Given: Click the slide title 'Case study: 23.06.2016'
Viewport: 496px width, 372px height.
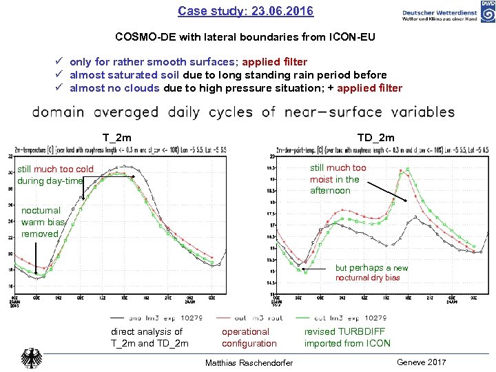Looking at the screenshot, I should [x=245, y=11].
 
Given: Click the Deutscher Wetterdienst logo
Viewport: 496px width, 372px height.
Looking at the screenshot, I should [x=448, y=14].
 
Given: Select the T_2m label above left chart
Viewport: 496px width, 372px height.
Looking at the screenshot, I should [x=117, y=138].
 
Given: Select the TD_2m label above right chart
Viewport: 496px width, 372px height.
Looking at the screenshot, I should [x=376, y=138].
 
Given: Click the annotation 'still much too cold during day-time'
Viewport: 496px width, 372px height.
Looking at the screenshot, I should [x=55, y=175].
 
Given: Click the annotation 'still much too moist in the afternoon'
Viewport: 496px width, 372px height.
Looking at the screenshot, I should [x=338, y=179].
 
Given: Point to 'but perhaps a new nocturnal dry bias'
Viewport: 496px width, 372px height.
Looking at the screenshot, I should [x=371, y=273].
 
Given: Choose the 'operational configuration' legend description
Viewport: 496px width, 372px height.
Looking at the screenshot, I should [x=249, y=338].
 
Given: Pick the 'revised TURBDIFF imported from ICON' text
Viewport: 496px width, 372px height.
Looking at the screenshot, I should [x=347, y=338].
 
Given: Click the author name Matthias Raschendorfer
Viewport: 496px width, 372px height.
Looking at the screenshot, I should [x=249, y=363].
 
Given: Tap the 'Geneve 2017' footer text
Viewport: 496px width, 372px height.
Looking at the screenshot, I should [x=422, y=362].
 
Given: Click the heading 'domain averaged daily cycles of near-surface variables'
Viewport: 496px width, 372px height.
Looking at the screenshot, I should [x=243, y=112].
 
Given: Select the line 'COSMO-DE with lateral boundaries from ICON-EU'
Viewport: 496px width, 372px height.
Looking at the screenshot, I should [x=245, y=37].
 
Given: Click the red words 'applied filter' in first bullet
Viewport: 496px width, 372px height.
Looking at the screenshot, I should [x=274, y=62].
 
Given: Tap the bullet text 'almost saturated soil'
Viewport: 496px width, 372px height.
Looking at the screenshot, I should [x=125, y=75].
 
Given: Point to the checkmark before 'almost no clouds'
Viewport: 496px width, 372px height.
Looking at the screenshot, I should [x=61, y=88].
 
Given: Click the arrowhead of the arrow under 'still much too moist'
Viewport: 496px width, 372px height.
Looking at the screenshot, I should [x=407, y=200].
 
